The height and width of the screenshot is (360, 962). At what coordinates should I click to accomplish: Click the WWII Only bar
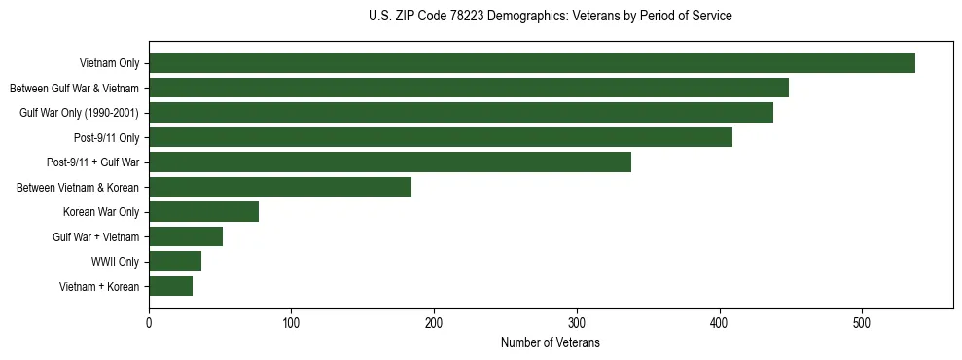[x=175, y=261]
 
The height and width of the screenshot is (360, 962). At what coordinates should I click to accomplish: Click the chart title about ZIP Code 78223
[x=551, y=17]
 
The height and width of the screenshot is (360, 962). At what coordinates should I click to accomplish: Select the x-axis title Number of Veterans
[x=551, y=343]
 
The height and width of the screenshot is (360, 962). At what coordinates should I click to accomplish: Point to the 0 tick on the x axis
[x=149, y=324]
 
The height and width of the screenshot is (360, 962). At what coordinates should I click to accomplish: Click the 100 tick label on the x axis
[x=291, y=324]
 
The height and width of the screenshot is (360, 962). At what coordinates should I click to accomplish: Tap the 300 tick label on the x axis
[x=577, y=324]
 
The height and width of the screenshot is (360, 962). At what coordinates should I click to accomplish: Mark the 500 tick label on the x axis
[x=862, y=324]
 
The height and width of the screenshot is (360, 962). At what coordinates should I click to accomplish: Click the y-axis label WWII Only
[x=115, y=262]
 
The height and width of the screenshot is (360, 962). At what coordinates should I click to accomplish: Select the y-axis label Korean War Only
[x=101, y=212]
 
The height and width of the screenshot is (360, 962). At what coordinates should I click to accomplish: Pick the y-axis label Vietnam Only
[x=108, y=64]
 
